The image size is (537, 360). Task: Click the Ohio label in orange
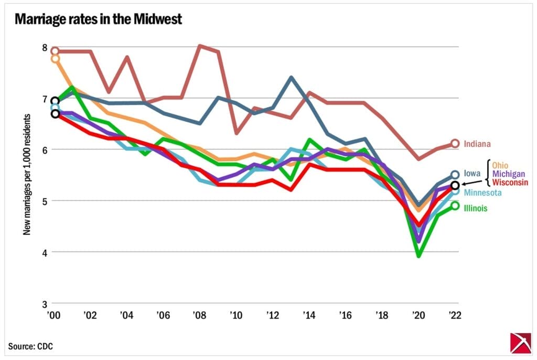click(x=499, y=166)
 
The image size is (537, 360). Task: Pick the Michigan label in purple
click(x=508, y=174)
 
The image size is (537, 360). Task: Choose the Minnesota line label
click(x=482, y=193)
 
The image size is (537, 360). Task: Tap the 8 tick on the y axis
click(x=45, y=47)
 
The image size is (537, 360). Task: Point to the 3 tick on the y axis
click(x=45, y=304)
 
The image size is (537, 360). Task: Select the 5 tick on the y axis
click(x=45, y=201)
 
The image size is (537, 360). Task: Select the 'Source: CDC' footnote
click(x=30, y=346)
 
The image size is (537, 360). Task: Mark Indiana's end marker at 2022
click(x=455, y=143)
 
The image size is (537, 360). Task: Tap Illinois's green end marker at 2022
click(x=455, y=206)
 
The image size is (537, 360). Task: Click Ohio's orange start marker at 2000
click(x=55, y=59)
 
